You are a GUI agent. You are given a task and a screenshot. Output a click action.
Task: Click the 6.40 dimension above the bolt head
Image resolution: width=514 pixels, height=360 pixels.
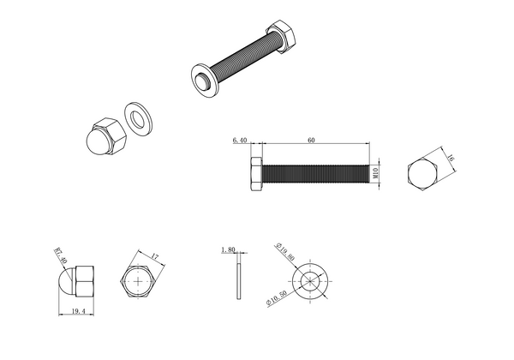coord(239,141)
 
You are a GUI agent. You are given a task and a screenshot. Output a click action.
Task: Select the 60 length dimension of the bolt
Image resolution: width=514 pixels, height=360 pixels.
coord(311,141)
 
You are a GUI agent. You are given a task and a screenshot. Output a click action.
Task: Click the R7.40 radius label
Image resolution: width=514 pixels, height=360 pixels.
coord(60,255)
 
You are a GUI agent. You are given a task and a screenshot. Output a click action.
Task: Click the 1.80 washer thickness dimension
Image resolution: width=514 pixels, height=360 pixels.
coord(228,250)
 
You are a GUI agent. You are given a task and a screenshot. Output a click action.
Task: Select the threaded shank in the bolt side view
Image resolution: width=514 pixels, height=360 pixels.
coord(317,174)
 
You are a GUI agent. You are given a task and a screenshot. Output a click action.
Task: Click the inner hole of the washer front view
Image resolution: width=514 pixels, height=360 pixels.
coord(310,280)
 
